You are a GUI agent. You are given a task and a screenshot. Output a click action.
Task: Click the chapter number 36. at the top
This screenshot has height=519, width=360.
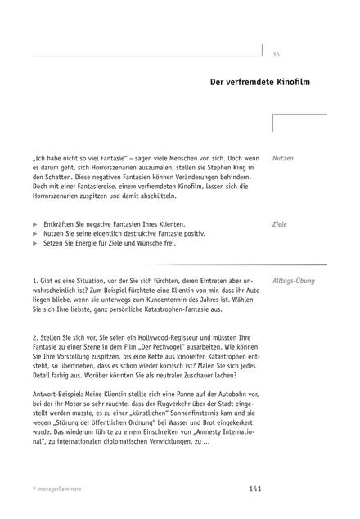[x=277, y=54]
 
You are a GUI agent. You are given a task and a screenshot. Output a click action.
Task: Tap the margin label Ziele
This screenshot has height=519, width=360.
[x=281, y=223]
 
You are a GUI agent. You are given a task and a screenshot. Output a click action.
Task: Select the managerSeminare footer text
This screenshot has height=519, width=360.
[x=61, y=489]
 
